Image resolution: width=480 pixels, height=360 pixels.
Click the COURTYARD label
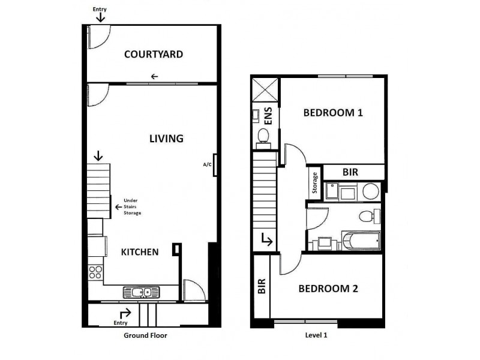coord(153,55)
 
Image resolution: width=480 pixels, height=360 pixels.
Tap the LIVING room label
coord(166,139)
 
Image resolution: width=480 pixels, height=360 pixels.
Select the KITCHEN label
coord(140,252)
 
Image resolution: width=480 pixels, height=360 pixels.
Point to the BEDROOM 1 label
coord(333,112)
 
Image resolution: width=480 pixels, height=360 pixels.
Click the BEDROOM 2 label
coord(328,289)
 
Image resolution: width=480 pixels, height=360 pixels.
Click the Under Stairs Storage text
coord(131,206)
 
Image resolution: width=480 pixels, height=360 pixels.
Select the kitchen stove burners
coord(95,272)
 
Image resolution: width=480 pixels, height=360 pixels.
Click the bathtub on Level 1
coord(360,242)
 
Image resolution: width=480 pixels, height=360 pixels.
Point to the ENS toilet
coord(263,137)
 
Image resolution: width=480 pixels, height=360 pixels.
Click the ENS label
coord(268,115)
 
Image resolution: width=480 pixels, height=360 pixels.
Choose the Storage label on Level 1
coord(314,183)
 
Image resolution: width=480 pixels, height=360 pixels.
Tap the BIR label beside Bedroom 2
coord(262,287)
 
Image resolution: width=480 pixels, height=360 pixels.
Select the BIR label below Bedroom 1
coord(350,172)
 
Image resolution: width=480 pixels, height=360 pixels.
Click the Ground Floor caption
coord(145,336)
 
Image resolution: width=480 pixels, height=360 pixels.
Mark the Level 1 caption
coord(317,336)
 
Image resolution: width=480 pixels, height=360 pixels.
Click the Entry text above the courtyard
coord(100,10)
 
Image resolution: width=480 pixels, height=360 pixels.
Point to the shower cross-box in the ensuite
coord(265,90)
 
